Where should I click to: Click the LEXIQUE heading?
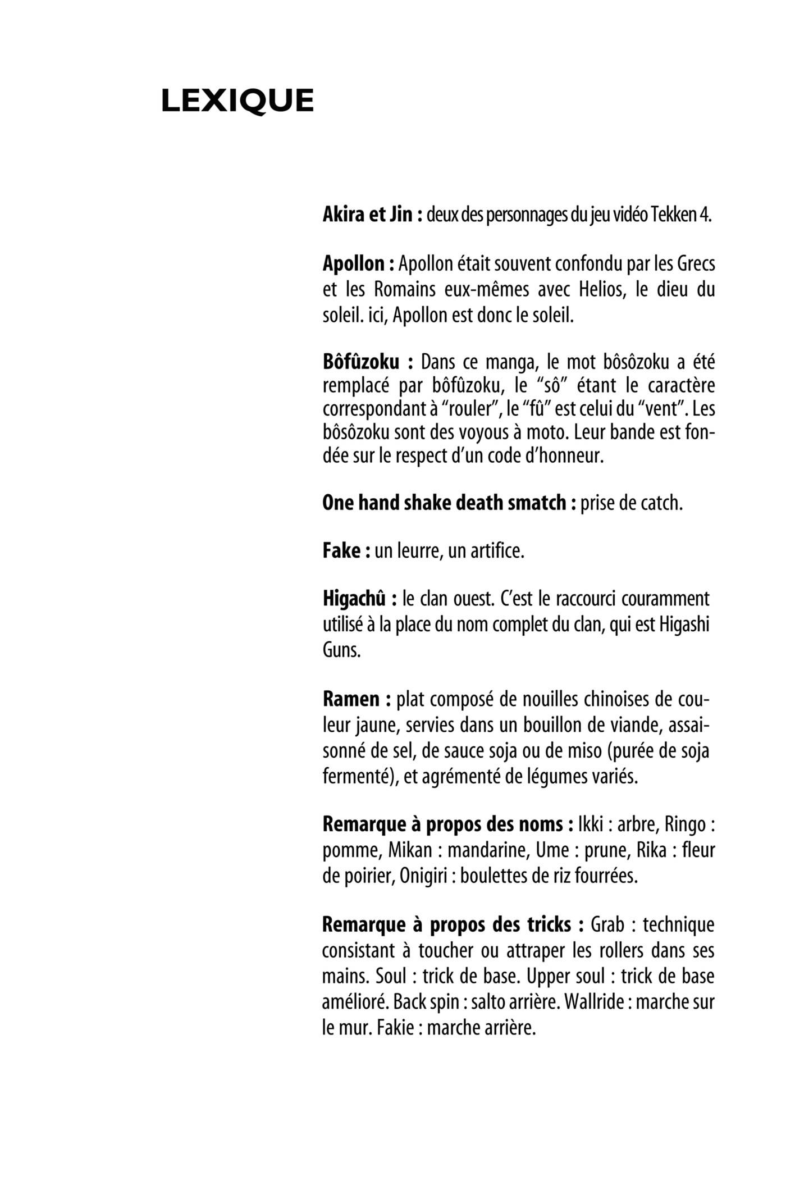237,101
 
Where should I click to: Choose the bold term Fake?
340,551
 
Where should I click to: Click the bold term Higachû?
354,599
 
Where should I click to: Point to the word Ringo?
684,824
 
